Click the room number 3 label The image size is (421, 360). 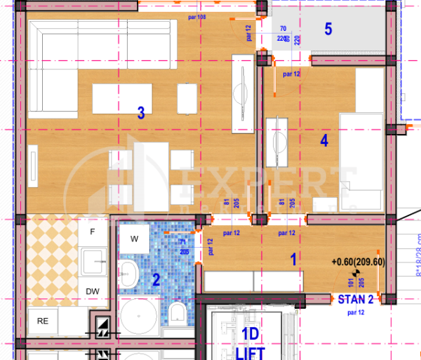pos(140,112)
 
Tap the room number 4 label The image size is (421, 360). pos(323,140)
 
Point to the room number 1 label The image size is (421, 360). pos(293,258)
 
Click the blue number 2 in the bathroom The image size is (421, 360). pos(156,279)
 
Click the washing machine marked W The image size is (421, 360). pos(133,239)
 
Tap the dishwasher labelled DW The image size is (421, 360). pos(93,291)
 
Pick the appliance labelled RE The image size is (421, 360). pos(42,321)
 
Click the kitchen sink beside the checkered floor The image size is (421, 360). pos(93,263)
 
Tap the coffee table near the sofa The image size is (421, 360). pos(122,99)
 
